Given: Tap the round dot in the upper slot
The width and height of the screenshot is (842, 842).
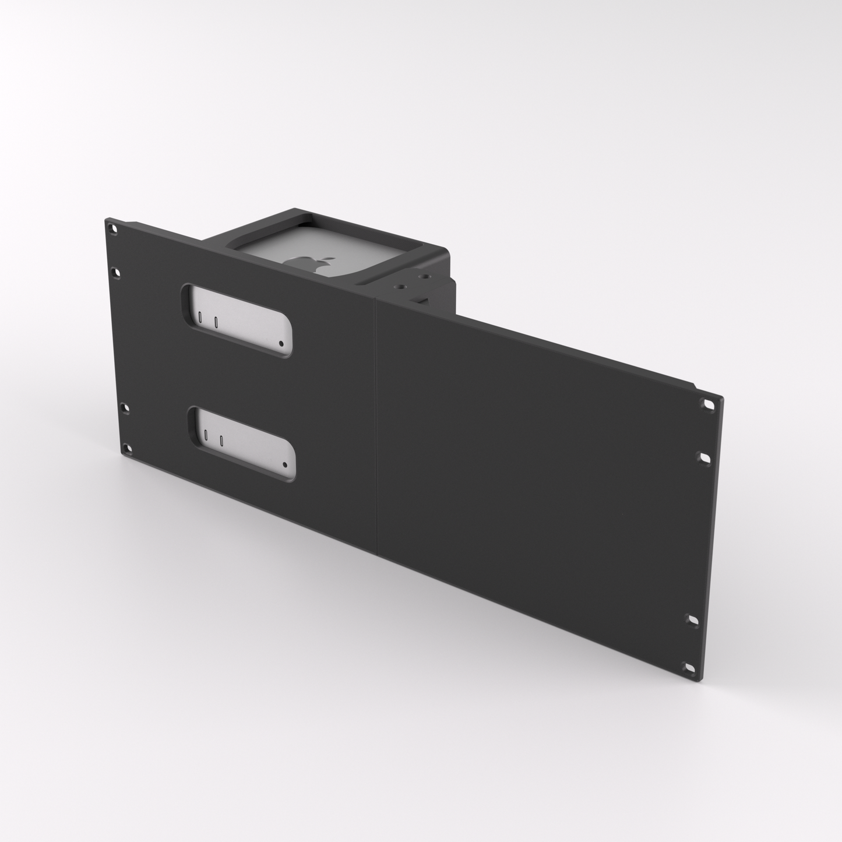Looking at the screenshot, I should point(281,344).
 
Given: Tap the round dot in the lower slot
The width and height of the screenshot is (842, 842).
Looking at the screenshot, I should point(284,465).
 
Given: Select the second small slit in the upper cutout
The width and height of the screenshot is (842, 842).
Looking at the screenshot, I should point(216,321).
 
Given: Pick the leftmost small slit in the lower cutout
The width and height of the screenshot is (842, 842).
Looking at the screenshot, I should point(206,436).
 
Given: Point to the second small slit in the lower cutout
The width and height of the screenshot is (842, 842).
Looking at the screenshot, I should point(221,440).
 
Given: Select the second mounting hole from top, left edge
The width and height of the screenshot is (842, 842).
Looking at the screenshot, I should point(117,272).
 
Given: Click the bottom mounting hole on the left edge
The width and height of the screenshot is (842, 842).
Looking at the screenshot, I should point(126,448).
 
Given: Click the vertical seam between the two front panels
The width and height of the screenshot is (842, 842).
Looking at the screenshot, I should point(377,425).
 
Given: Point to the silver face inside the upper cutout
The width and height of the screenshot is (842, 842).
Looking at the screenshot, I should point(245,323).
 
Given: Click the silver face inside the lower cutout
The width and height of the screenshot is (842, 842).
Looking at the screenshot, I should point(251,443).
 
